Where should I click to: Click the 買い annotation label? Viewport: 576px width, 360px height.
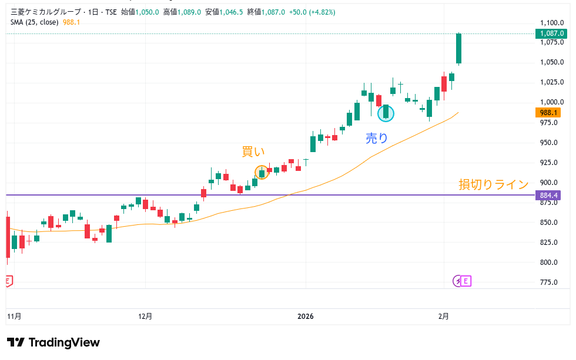pyautogui.click(x=253, y=152)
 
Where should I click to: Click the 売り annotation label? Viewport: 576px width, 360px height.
pyautogui.click(x=377, y=138)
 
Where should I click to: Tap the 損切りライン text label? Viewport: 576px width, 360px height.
pyautogui.click(x=494, y=184)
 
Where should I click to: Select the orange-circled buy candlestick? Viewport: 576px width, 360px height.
pyautogui.click(x=262, y=172)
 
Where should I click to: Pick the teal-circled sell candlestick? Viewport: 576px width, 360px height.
pyautogui.click(x=386, y=113)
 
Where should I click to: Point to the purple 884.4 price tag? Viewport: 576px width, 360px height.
pyautogui.click(x=548, y=195)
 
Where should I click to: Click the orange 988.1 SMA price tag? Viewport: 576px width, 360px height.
pyautogui.click(x=548, y=113)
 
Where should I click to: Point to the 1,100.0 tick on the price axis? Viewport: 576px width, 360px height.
pyautogui.click(x=552, y=23)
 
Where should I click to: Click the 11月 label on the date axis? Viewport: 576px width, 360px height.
pyautogui.click(x=14, y=317)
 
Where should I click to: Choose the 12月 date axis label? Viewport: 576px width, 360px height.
pyautogui.click(x=145, y=317)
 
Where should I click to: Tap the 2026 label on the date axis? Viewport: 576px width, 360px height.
pyautogui.click(x=306, y=317)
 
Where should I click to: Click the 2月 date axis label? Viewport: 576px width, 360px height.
pyautogui.click(x=444, y=317)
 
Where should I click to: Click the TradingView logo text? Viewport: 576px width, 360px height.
pyautogui.click(x=63, y=343)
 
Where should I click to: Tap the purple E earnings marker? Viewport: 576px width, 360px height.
pyautogui.click(x=466, y=281)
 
